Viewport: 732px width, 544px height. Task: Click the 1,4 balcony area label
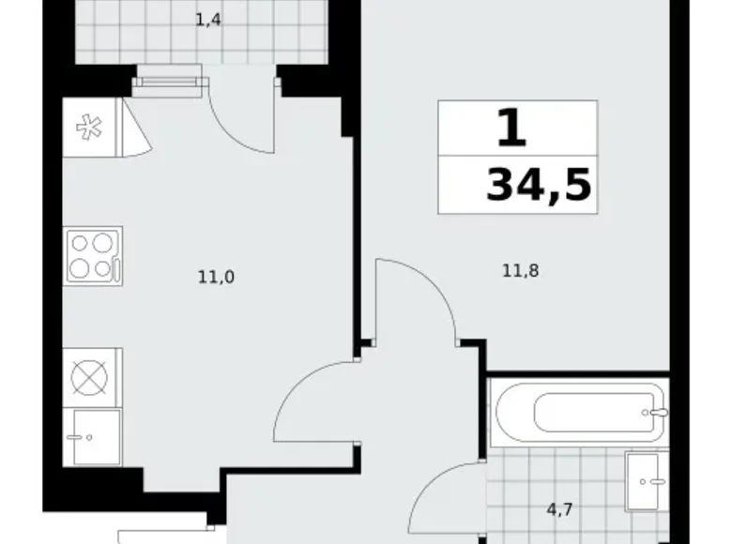point(208,18)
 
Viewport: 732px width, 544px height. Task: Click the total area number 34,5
point(538,186)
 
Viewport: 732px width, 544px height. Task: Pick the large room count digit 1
point(511,129)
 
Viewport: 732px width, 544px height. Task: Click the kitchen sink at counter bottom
point(91,436)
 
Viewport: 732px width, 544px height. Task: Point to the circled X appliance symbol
point(92,377)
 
